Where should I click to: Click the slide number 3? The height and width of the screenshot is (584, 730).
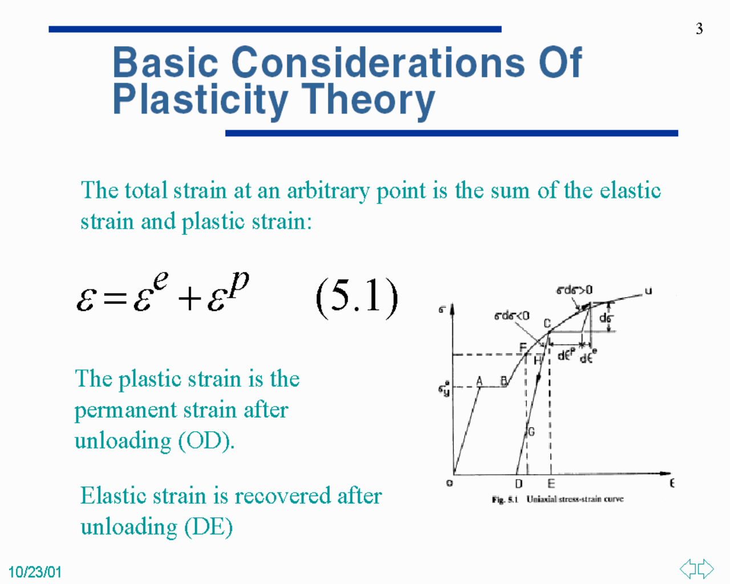click(x=699, y=29)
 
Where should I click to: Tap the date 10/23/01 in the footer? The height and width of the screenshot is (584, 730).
click(x=35, y=572)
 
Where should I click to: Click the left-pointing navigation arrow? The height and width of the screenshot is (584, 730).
click(x=688, y=569)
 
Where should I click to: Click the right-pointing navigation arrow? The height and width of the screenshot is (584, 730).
click(x=705, y=569)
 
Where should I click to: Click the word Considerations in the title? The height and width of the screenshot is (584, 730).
click(x=379, y=63)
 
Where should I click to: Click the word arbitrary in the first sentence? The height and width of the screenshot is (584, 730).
click(x=328, y=192)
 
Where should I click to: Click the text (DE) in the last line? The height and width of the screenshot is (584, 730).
click(x=209, y=526)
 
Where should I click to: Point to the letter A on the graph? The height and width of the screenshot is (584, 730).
click(x=479, y=382)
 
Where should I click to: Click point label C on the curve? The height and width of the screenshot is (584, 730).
click(x=547, y=323)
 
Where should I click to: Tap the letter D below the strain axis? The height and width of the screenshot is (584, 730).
click(x=518, y=484)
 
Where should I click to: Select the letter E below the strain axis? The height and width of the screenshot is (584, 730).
click(x=551, y=484)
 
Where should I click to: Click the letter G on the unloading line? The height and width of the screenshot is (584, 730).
click(x=531, y=432)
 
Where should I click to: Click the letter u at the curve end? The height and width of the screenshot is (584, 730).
click(x=648, y=291)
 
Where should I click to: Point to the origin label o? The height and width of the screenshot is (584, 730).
click(x=449, y=483)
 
